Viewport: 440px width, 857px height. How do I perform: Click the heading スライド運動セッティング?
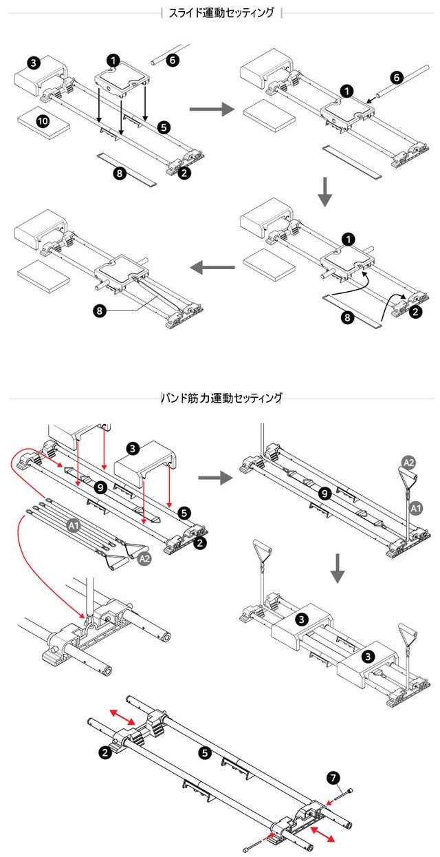[221, 12]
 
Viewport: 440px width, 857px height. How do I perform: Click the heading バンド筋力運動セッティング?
[221, 398]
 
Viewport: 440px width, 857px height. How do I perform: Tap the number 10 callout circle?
[43, 121]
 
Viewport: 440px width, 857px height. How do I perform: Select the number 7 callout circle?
[333, 778]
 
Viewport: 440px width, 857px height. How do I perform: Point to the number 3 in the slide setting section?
[34, 63]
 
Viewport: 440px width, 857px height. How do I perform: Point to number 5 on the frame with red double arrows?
[204, 753]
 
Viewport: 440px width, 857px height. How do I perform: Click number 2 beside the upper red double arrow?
[104, 753]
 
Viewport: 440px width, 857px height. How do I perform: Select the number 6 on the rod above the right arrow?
[172, 59]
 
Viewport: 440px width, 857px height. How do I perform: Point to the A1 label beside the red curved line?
[74, 525]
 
